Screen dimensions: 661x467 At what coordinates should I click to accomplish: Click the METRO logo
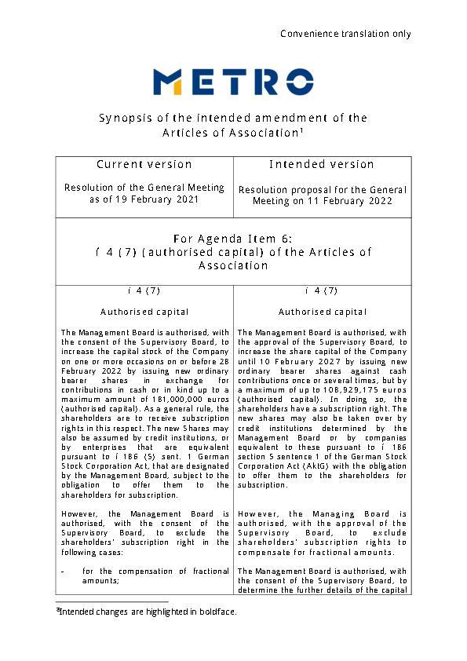tap(233, 82)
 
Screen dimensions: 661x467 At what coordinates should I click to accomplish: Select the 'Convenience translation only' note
tap(345, 34)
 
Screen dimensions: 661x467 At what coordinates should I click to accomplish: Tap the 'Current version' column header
tap(144, 165)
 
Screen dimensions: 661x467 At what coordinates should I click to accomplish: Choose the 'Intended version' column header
tap(322, 165)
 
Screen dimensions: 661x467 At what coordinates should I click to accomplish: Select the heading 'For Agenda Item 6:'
tap(233, 239)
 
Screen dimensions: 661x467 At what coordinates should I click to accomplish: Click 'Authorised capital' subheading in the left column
tap(144, 312)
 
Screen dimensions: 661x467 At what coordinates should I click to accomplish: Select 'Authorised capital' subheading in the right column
tap(322, 312)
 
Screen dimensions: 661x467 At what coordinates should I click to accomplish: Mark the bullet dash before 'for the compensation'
tap(63, 571)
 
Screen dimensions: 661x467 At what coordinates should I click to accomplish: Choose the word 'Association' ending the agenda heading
tap(233, 266)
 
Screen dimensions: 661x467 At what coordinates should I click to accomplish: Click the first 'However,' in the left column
tap(80, 514)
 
